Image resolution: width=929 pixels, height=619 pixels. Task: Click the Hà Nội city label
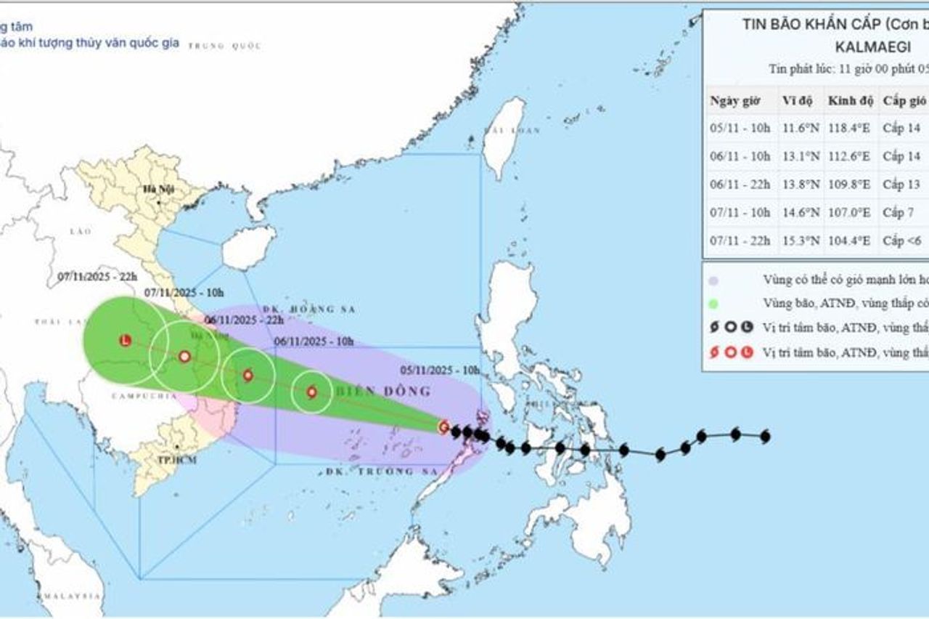(154, 189)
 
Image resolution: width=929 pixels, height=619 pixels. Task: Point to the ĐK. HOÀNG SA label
(319, 309)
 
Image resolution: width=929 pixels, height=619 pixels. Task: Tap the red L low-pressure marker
(126, 340)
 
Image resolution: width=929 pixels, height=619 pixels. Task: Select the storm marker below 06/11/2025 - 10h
(312, 392)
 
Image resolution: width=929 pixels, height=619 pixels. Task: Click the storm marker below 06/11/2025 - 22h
(248, 376)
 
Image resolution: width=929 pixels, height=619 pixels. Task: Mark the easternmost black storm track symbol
(764, 437)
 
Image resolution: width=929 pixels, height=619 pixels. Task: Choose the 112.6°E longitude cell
(849, 156)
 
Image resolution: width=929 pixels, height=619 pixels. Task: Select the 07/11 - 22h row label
(740, 241)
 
